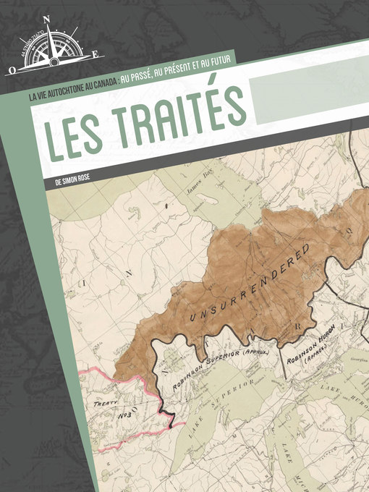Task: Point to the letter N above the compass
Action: (47, 20)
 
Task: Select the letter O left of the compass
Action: (12, 71)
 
